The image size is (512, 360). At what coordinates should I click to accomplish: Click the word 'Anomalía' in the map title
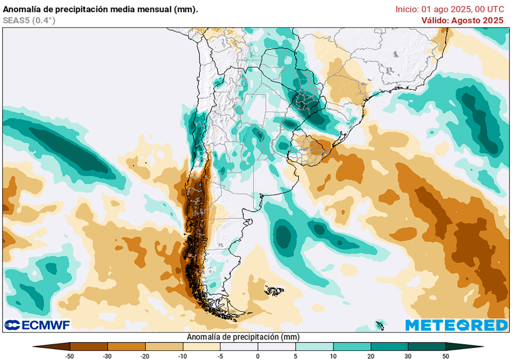[21, 9]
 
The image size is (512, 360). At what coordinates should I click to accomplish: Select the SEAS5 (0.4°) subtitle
[29, 20]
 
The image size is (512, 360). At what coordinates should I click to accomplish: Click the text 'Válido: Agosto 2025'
[462, 20]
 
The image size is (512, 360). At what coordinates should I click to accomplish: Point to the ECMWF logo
[37, 325]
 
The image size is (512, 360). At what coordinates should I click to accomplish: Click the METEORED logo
[456, 325]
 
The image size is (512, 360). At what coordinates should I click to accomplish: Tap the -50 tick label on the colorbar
[70, 355]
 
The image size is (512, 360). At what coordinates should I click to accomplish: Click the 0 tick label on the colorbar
[258, 355]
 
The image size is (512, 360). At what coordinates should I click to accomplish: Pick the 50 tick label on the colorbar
[445, 355]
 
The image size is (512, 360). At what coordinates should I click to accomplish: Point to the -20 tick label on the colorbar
[145, 355]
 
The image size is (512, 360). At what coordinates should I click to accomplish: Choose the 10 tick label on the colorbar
[333, 355]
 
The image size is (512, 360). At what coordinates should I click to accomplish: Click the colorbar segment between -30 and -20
[126, 346]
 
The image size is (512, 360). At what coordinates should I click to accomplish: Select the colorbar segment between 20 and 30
[389, 346]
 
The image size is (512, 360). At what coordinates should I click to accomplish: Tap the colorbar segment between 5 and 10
[314, 346]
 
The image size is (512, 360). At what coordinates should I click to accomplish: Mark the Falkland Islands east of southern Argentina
[274, 290]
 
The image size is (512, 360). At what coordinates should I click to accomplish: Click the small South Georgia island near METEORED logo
[379, 324]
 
